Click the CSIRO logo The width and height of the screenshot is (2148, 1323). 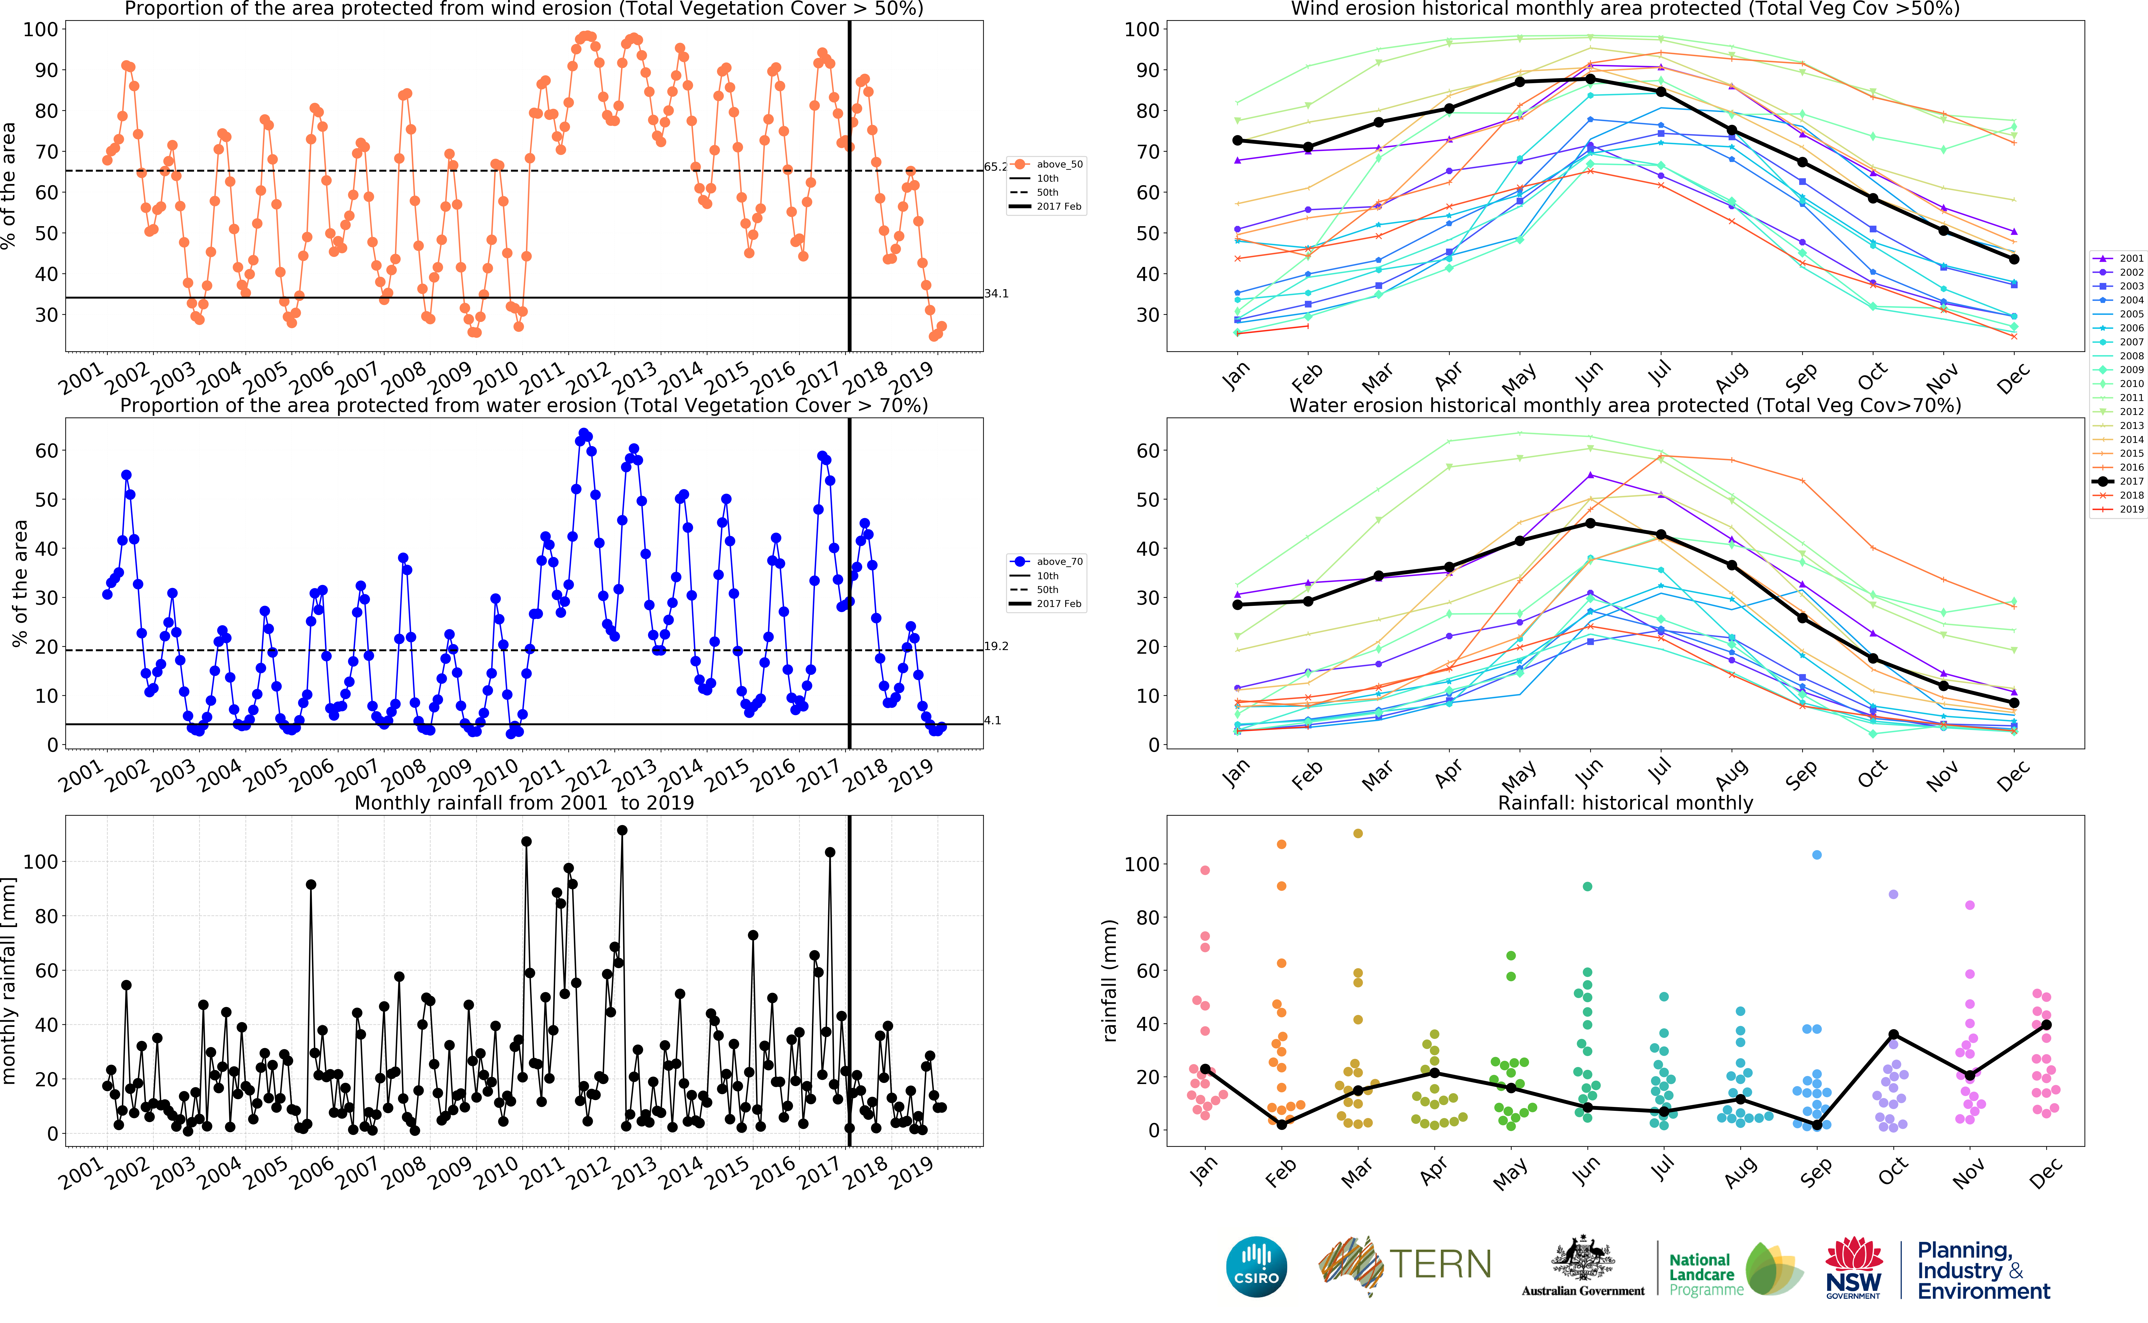[1257, 1266]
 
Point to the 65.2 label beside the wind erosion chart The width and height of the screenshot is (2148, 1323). [995, 166]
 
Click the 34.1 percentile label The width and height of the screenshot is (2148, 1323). [996, 293]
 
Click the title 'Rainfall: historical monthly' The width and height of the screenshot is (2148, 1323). [1625, 802]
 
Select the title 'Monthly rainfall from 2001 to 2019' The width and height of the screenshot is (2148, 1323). [524, 802]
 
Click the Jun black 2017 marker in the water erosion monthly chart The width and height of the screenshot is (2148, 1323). [1590, 523]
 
